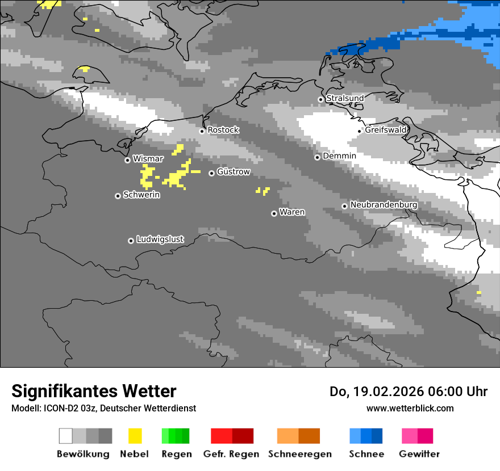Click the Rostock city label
(x=223, y=130)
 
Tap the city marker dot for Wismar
(x=128, y=160)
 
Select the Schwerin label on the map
(x=141, y=195)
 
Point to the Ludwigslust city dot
(x=131, y=241)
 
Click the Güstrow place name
(x=234, y=172)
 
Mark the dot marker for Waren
(x=274, y=213)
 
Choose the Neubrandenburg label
(x=384, y=205)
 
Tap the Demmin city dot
(x=317, y=157)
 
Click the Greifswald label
(x=386, y=130)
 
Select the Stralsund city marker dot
(x=320, y=99)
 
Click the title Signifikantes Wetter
(x=94, y=391)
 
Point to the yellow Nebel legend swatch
(x=135, y=436)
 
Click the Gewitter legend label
(x=419, y=454)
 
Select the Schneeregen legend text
(x=300, y=454)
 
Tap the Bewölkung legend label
(x=83, y=454)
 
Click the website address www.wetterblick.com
(x=410, y=408)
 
